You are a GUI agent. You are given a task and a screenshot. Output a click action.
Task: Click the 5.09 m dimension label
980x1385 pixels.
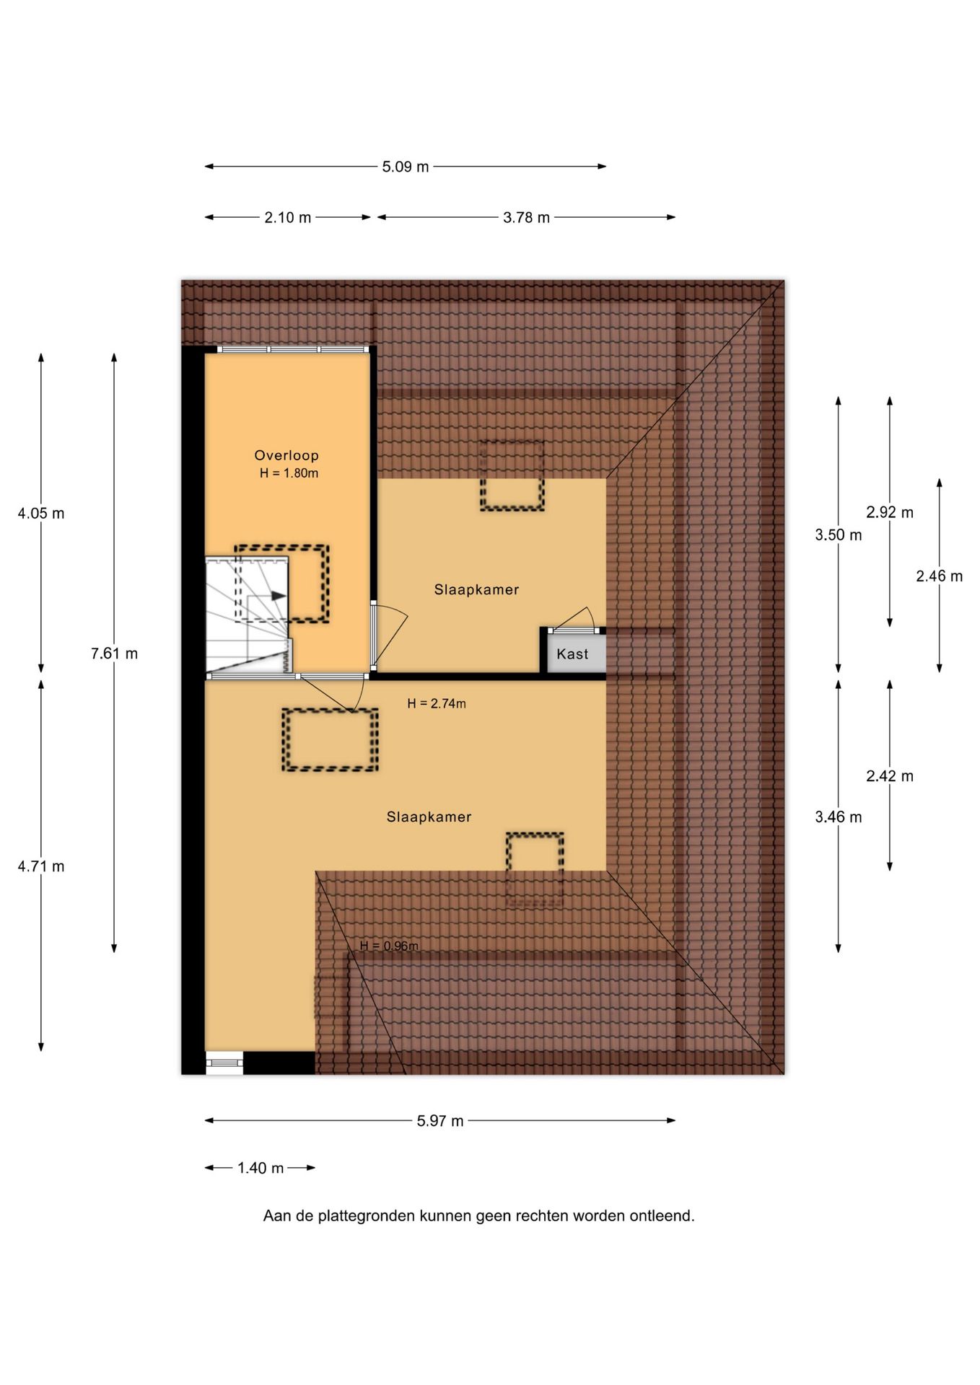coord(405,167)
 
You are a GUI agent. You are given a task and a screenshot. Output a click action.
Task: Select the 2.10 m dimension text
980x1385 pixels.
coord(287,217)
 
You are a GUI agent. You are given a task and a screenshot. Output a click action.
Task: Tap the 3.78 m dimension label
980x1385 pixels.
coord(526,217)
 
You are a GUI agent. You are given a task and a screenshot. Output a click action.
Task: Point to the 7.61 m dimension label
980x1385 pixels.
coord(114,654)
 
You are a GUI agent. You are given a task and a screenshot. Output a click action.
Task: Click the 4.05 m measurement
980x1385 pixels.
coord(41,514)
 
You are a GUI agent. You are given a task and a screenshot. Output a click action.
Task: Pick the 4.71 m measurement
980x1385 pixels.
coord(41,866)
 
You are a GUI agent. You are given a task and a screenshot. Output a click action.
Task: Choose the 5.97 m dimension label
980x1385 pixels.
coord(440,1121)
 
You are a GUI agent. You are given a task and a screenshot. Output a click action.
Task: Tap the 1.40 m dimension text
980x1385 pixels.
coord(261,1168)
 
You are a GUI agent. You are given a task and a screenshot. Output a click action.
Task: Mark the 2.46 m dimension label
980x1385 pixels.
coord(939,576)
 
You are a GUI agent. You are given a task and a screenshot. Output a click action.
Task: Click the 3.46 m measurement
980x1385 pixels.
coord(839,817)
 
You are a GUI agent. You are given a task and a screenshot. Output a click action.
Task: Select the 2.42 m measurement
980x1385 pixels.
coord(890,776)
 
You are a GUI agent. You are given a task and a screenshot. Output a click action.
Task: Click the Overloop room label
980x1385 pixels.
coord(286,455)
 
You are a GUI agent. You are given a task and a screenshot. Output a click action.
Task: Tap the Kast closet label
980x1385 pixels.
coord(572,654)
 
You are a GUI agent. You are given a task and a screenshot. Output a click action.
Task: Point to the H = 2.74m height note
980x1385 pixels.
coord(437,703)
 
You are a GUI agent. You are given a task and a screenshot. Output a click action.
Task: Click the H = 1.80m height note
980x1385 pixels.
coord(289,473)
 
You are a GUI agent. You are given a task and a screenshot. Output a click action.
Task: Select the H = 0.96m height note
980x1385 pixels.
coord(389,946)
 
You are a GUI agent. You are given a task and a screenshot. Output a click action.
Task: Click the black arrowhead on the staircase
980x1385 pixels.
coord(278,596)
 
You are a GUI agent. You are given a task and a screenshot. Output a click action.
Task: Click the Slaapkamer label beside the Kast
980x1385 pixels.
coord(476,590)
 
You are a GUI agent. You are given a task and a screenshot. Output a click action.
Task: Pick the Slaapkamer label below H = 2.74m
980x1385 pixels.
coord(429,817)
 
